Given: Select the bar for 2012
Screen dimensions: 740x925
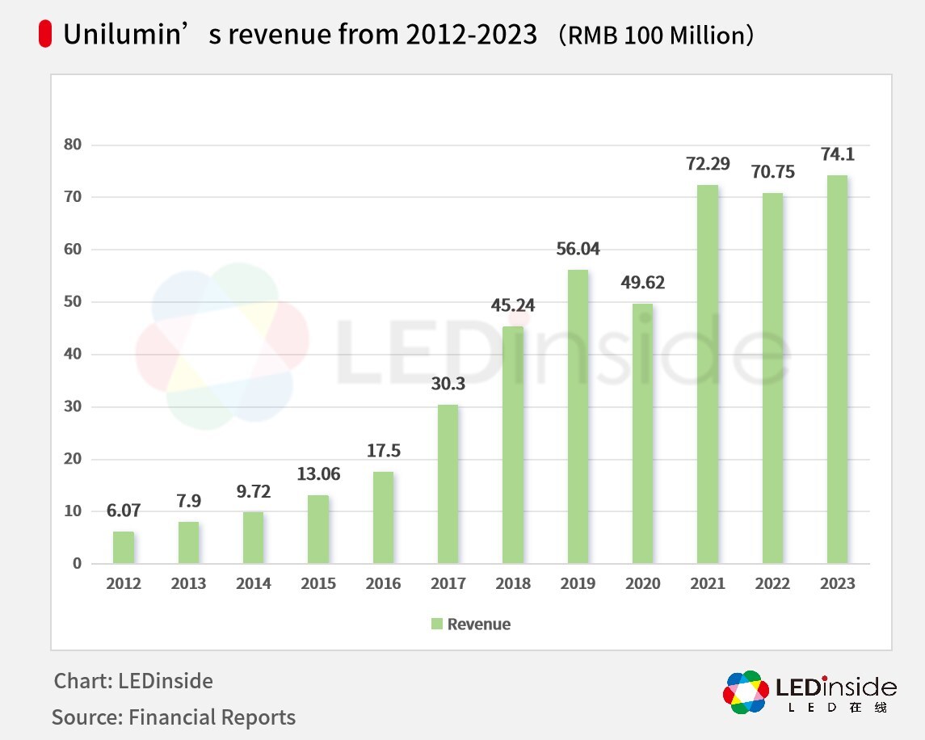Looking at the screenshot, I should (124, 547).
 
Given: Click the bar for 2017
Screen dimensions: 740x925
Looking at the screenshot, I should (448, 484).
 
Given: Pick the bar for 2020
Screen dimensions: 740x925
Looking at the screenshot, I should (642, 433).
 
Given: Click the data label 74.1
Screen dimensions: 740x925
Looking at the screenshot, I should (836, 154).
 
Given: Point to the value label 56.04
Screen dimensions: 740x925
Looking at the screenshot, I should (578, 249).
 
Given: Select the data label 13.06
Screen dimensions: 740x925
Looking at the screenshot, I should (318, 474).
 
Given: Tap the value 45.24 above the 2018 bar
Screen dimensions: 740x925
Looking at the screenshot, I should (513, 305).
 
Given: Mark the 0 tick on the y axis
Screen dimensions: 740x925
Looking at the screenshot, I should (77, 563).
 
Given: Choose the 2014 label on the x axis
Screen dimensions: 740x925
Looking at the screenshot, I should (253, 583).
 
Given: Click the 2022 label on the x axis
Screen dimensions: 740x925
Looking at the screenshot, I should (772, 583).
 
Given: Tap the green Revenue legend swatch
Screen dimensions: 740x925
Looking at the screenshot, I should (437, 624).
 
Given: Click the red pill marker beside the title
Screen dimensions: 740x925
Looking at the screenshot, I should (45, 35).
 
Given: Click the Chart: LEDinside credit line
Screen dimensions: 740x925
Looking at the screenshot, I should (133, 681).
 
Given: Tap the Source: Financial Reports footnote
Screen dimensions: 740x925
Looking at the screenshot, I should (174, 717).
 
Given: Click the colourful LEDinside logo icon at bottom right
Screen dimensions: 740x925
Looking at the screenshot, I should (746, 692).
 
